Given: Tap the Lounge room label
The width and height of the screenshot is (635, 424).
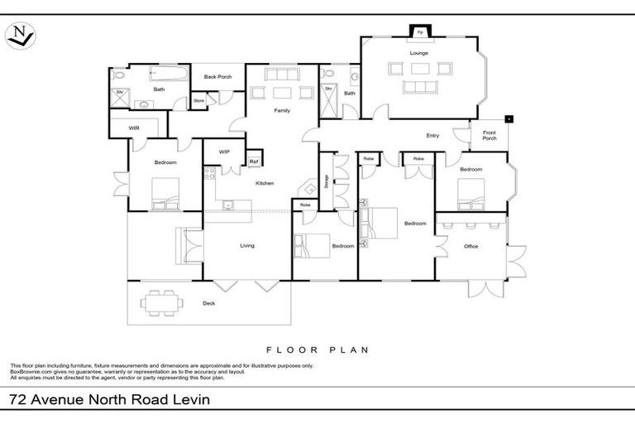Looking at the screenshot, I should (x=418, y=52).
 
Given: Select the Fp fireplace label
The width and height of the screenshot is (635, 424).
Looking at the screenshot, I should (x=420, y=32).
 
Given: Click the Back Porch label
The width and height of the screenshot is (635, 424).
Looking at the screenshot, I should (x=217, y=77).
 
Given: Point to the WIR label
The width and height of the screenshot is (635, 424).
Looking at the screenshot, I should (x=133, y=128).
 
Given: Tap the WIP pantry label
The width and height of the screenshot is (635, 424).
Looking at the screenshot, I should (x=224, y=152).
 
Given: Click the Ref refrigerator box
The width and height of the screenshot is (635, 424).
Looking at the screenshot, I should (x=254, y=161).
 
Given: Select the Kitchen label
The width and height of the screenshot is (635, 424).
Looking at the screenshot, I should (x=265, y=183).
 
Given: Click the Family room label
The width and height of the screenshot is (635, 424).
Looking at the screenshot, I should (x=282, y=110).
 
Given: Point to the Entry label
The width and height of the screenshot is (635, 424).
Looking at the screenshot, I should (x=432, y=136).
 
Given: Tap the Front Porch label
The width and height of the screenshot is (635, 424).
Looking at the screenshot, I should (x=489, y=134).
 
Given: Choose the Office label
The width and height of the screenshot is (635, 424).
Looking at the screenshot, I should (x=471, y=246).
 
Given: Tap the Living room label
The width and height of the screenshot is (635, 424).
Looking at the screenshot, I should (x=247, y=245).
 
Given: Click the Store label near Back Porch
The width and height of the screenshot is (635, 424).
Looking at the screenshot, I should (x=198, y=101).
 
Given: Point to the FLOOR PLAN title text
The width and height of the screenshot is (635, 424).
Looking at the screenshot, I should (x=317, y=349).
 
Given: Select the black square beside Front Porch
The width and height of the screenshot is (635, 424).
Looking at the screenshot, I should (x=509, y=118).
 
